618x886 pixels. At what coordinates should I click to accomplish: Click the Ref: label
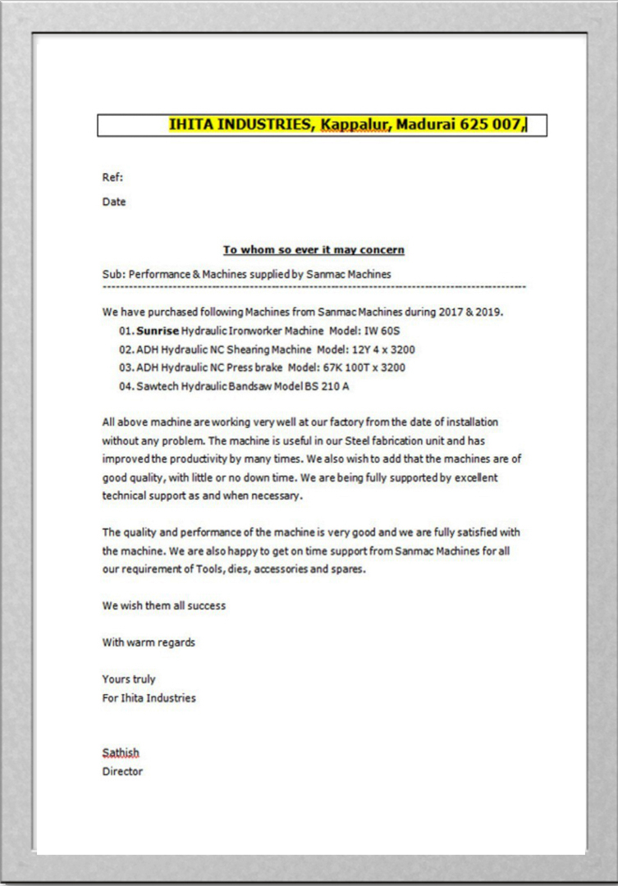point(112,177)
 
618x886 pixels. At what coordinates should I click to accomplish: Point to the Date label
point(114,202)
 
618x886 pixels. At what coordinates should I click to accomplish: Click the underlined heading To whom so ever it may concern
point(314,249)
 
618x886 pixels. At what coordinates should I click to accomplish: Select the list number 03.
point(126,368)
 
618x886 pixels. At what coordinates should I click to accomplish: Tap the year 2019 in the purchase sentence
point(490,313)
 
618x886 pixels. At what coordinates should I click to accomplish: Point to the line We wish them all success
point(163,605)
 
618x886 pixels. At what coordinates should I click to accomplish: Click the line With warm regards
point(149,642)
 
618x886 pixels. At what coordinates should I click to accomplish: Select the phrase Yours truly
point(129,679)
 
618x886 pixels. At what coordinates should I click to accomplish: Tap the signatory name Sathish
point(121,752)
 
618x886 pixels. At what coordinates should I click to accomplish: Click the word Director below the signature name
point(122,771)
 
